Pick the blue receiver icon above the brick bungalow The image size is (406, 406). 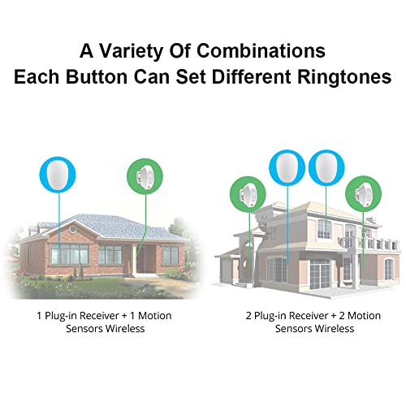click(x=58, y=174)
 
